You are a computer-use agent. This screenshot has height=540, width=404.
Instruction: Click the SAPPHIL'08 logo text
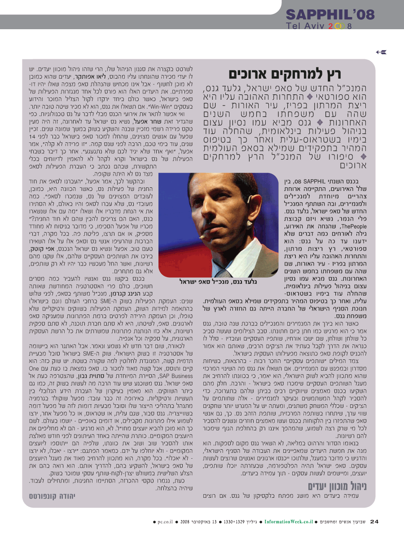pyautogui.click(x=330, y=13)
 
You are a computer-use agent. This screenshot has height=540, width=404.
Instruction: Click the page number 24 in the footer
pyautogui.click(x=374, y=521)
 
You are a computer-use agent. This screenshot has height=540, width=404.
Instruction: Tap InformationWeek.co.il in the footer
pyautogui.click(x=288, y=522)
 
